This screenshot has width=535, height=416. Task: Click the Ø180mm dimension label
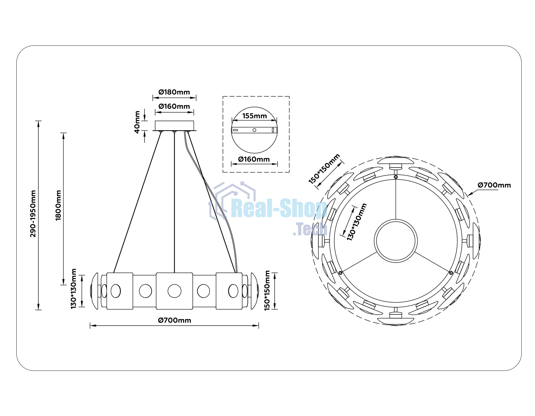tap(174, 92)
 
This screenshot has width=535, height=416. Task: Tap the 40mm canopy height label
tap(137, 122)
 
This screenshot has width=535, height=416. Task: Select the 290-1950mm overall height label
tap(33, 214)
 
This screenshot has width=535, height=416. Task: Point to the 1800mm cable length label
tap(58, 205)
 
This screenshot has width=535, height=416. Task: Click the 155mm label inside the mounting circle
tap(254, 116)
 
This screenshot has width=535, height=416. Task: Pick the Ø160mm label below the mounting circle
tap(254, 159)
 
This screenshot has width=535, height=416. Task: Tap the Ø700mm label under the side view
tap(174, 320)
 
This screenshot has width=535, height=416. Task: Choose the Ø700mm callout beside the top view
tap(494, 185)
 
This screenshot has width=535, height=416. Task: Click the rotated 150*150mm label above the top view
tap(324, 169)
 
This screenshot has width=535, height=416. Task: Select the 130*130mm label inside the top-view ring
tap(357, 222)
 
